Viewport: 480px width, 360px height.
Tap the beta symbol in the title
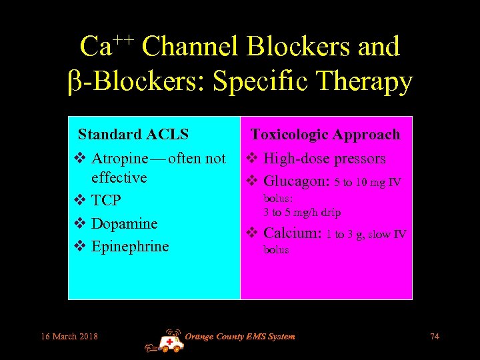tap(75, 82)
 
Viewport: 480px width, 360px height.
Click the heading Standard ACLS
tap(133, 134)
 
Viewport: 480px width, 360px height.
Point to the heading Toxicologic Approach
tap(325, 134)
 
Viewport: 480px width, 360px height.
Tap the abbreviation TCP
tap(106, 201)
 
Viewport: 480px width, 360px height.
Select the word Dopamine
tap(125, 223)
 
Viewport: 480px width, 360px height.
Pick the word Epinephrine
tap(130, 246)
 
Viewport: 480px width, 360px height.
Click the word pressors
tap(360, 159)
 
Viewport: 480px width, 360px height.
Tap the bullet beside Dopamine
tap(79, 223)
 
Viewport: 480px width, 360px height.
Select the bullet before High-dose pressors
tap(251, 159)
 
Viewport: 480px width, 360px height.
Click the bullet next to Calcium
tap(251, 233)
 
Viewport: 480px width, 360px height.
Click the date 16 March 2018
tap(69, 336)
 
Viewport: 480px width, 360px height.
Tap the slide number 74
tap(435, 336)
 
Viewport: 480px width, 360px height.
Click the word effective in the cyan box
tap(119, 177)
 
